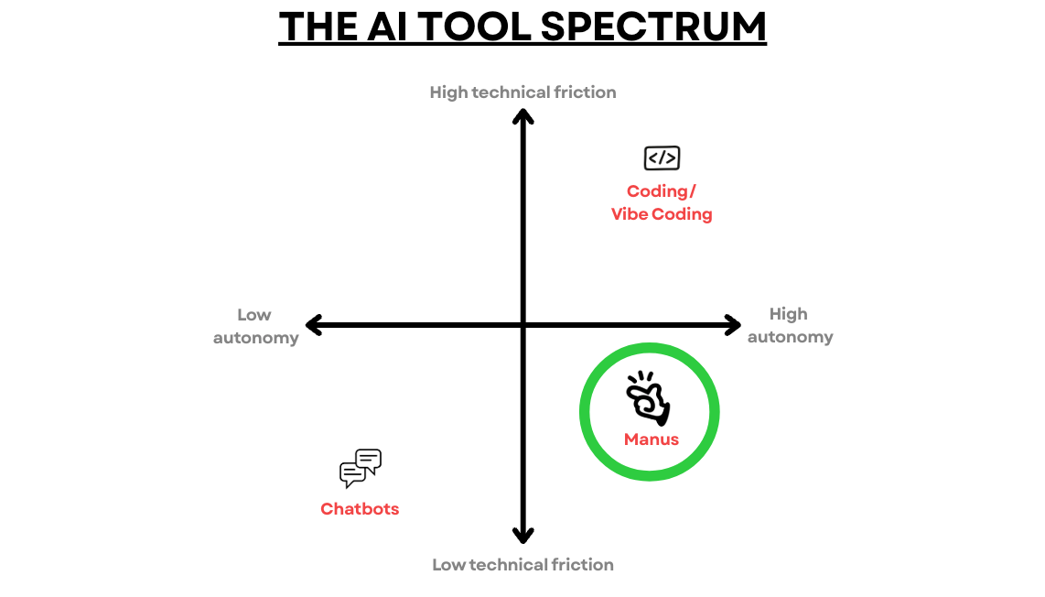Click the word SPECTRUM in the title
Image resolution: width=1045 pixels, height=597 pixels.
(x=653, y=27)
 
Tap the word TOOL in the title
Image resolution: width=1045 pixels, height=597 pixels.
(x=474, y=27)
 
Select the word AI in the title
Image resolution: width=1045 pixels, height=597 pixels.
(x=384, y=27)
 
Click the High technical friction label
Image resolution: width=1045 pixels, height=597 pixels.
(x=522, y=92)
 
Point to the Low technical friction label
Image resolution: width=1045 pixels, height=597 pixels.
(x=522, y=565)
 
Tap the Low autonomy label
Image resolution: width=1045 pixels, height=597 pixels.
(x=255, y=326)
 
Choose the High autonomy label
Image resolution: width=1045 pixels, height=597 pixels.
(x=790, y=326)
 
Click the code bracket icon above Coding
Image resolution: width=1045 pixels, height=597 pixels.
(x=662, y=158)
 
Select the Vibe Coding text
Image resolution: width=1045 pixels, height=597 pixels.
(x=662, y=214)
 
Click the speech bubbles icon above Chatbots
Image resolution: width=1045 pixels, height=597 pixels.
(x=360, y=469)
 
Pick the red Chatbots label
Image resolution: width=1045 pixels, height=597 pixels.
(x=360, y=509)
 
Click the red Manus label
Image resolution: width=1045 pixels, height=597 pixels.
(x=652, y=440)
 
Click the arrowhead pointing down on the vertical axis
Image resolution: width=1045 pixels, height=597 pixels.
(x=522, y=536)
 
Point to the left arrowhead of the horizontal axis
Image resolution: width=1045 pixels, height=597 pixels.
(x=313, y=325)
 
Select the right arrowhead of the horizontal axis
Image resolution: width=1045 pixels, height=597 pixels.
(x=733, y=325)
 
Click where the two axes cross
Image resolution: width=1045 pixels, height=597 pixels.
(x=522, y=325)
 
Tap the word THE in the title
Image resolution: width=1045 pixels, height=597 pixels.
(x=320, y=27)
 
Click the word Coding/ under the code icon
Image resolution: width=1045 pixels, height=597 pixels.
(x=662, y=191)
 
